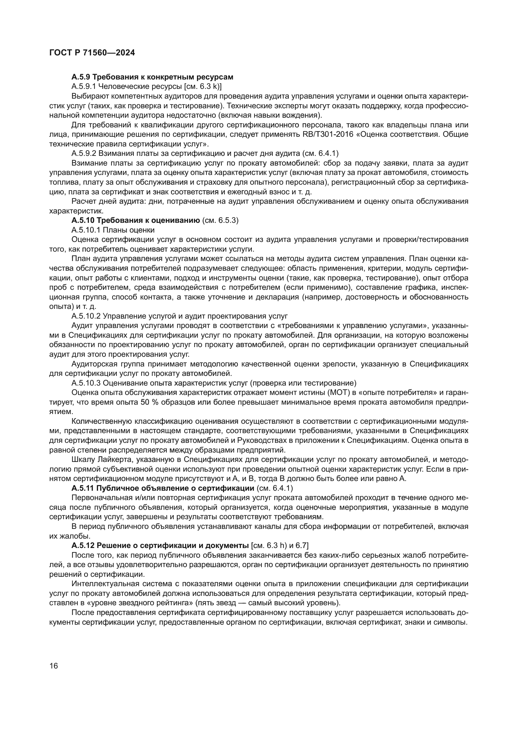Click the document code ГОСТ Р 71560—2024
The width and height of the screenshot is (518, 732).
pyautogui.click(x=92, y=53)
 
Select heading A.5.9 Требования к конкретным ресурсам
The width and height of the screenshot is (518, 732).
pyautogui.click(x=153, y=77)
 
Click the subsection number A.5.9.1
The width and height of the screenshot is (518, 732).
pyautogui.click(x=84, y=86)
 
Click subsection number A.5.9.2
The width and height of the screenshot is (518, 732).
pyautogui.click(x=84, y=153)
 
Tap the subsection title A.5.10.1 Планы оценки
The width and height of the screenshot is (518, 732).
pyautogui.click(x=113, y=230)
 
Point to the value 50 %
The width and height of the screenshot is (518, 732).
pyautogui.click(x=150, y=402)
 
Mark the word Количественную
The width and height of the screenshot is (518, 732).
pyautogui.click(x=102, y=421)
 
